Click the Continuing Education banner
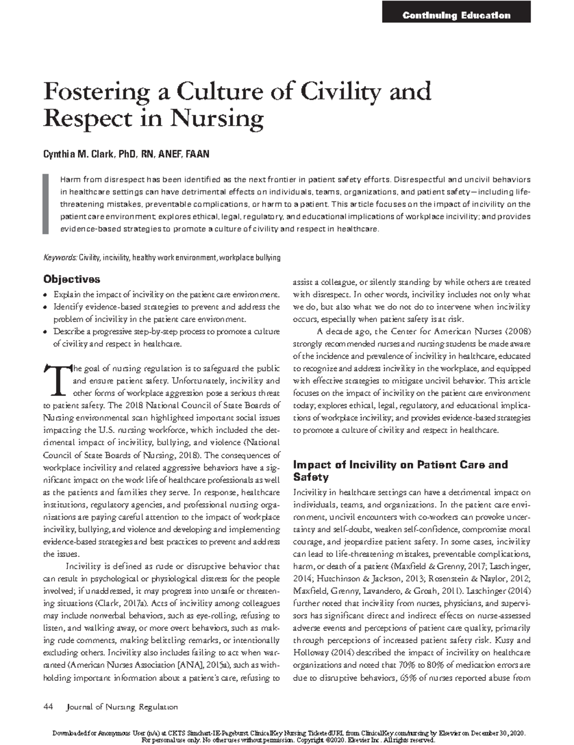click(x=456, y=15)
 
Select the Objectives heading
click(x=72, y=279)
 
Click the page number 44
click(x=48, y=707)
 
